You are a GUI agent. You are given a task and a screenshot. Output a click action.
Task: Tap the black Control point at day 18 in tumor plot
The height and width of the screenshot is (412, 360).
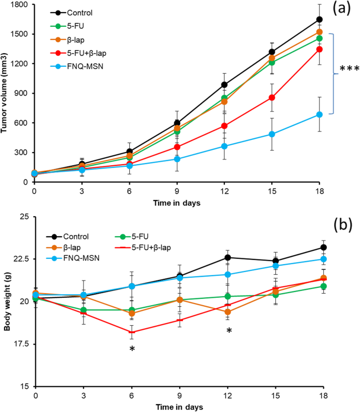(319, 19)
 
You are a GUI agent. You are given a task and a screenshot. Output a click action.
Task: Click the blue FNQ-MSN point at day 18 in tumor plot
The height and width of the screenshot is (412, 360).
(319, 114)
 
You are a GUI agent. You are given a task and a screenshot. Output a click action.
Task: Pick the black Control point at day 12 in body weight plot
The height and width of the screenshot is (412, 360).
(228, 257)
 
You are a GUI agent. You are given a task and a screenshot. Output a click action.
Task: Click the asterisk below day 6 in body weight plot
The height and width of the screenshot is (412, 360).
(132, 350)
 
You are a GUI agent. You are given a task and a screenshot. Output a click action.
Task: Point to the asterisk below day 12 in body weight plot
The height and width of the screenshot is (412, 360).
(229, 331)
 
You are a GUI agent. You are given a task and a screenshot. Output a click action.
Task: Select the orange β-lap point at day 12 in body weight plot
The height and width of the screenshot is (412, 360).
(228, 312)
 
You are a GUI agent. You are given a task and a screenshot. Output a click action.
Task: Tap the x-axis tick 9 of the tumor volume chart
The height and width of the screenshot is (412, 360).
(177, 192)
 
